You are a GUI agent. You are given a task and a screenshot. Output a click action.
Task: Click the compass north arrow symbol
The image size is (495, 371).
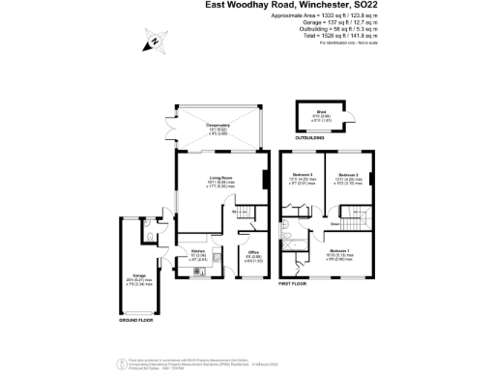pyautogui.click(x=152, y=43)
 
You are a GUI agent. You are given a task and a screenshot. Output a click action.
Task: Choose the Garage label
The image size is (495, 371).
pyautogui.click(x=139, y=276)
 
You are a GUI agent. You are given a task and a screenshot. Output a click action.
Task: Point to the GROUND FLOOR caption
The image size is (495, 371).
pyautogui.click(x=137, y=319)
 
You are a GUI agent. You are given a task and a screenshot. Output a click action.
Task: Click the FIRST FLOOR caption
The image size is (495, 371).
pyautogui.click(x=293, y=285)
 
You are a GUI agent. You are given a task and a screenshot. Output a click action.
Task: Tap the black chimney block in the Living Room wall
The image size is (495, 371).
pyautogui.click(x=265, y=179)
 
